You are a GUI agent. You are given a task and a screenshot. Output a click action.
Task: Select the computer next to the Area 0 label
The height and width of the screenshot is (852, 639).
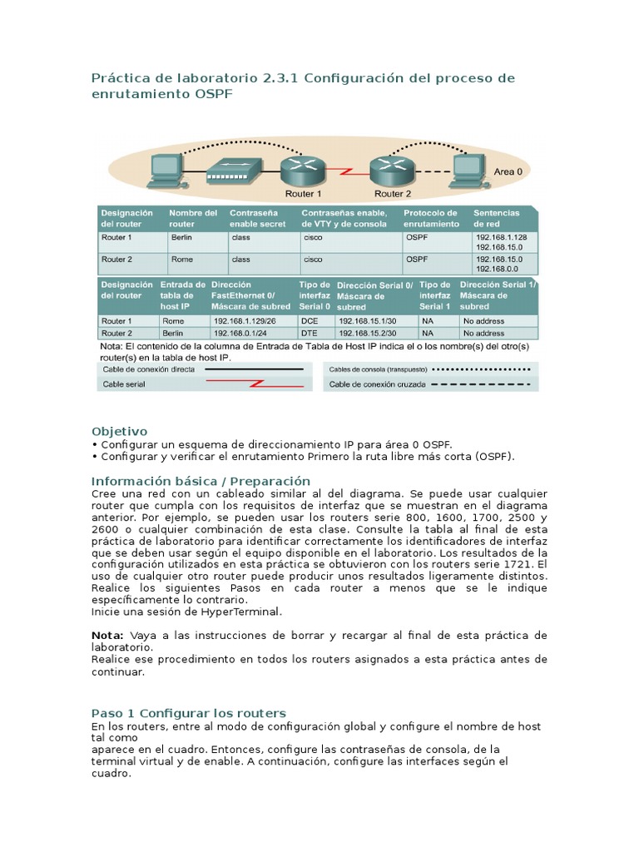[468, 170]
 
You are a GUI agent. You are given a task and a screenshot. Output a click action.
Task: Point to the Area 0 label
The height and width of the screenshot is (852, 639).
[508, 171]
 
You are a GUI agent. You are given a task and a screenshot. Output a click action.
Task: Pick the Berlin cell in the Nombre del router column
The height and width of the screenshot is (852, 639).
[181, 236]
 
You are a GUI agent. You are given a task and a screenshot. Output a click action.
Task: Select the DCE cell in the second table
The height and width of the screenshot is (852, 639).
[309, 320]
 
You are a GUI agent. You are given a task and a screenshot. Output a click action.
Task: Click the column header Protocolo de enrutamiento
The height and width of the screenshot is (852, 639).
[431, 218]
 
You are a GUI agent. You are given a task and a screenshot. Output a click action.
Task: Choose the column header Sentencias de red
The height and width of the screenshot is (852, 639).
[497, 218]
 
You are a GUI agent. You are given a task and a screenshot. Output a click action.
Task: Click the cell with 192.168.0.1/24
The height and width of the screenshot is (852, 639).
[238, 332]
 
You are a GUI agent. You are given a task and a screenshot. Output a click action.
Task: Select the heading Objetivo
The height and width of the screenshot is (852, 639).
[119, 431]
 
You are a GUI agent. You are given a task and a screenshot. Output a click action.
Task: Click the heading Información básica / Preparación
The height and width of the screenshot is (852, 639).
[200, 481]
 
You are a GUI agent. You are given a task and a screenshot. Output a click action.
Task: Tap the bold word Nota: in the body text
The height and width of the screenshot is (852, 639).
[106, 635]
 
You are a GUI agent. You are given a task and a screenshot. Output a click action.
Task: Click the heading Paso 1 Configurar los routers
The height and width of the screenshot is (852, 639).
[188, 713]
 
